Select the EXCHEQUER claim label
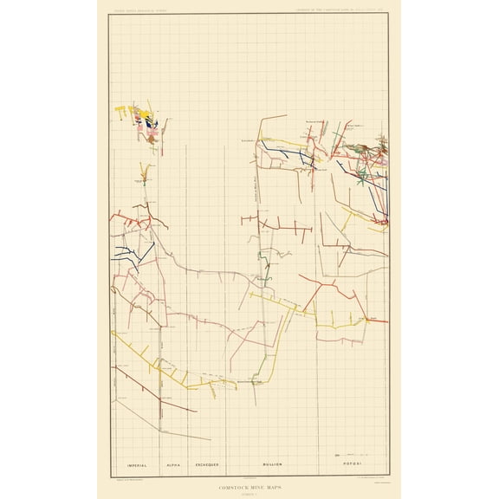click(x=208, y=464)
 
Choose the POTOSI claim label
click(x=351, y=464)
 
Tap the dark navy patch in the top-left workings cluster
click(x=151, y=123)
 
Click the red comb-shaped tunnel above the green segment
click(x=286, y=227)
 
